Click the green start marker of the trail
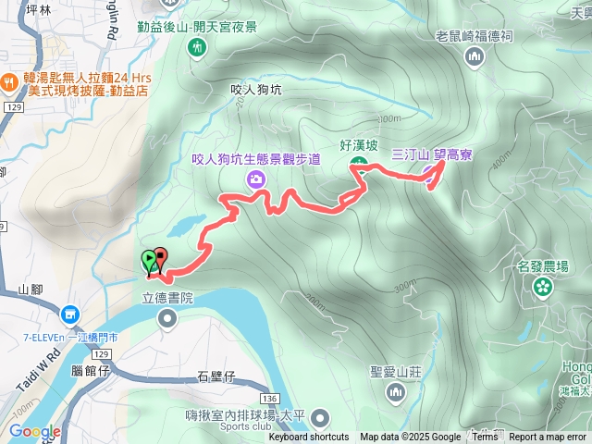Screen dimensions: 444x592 [148, 260]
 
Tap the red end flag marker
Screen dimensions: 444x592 [161, 259]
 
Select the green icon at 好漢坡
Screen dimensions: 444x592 [359, 166]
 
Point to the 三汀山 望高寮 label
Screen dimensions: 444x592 [432, 154]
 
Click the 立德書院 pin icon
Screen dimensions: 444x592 [167, 319]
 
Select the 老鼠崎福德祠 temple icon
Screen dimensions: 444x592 [475, 58]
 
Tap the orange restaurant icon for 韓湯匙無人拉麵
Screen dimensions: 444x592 [9, 80]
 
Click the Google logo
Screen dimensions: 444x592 [35, 431]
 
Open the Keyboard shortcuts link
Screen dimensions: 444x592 [309, 438]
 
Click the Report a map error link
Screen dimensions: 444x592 [548, 438]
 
